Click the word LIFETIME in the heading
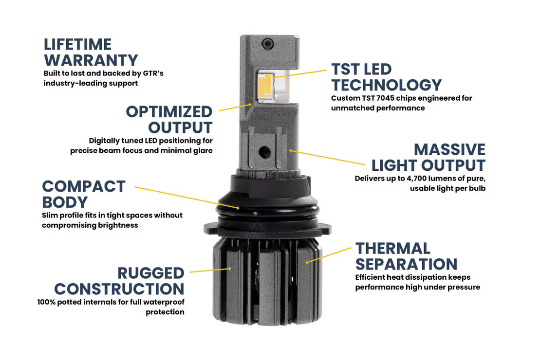tap(77, 44)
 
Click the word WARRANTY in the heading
tap(91, 60)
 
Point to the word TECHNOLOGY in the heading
tap(386, 85)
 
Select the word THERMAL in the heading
tap(392, 248)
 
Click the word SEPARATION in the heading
tap(406, 264)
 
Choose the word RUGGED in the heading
tap(150, 273)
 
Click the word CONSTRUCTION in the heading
tap(119, 289)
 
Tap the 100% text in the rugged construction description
tap(47, 302)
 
